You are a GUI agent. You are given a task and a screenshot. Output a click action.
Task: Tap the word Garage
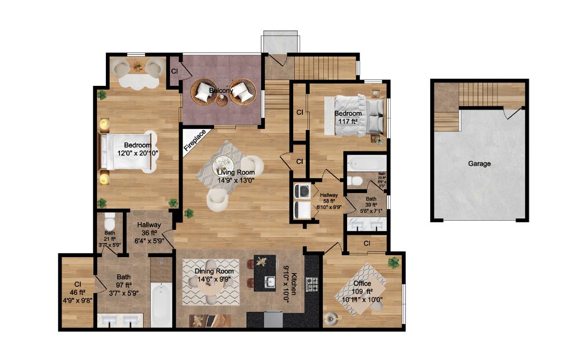click(479, 164)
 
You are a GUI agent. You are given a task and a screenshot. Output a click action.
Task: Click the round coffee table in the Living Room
click(225, 164)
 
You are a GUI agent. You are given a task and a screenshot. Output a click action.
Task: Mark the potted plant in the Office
click(394, 262)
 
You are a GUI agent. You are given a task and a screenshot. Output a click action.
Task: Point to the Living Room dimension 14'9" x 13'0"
click(236, 180)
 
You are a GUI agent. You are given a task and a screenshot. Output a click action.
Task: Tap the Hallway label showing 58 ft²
click(329, 200)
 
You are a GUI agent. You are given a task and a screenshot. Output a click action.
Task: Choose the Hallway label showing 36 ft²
click(149, 232)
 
